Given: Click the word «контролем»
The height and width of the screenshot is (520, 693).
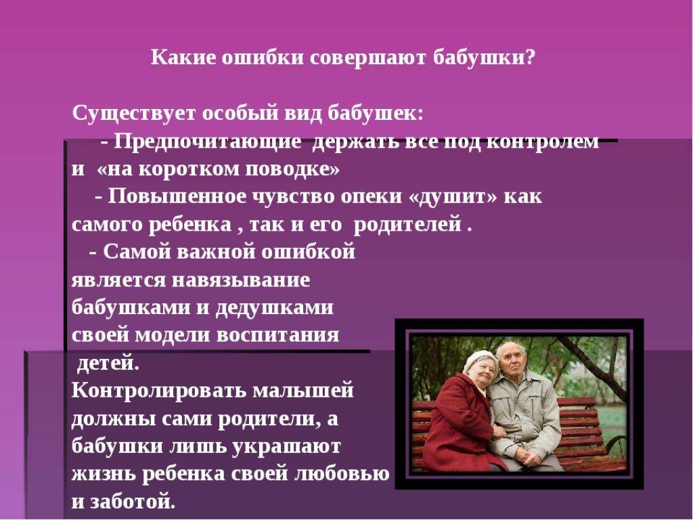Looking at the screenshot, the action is [x=543, y=142].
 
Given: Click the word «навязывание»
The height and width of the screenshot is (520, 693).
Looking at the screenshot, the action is [x=241, y=280].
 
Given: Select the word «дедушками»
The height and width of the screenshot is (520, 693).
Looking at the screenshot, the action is [x=275, y=308].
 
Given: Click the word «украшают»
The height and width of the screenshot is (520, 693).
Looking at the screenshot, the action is [x=286, y=446].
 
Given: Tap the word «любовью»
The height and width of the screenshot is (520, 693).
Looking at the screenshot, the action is [x=342, y=474].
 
